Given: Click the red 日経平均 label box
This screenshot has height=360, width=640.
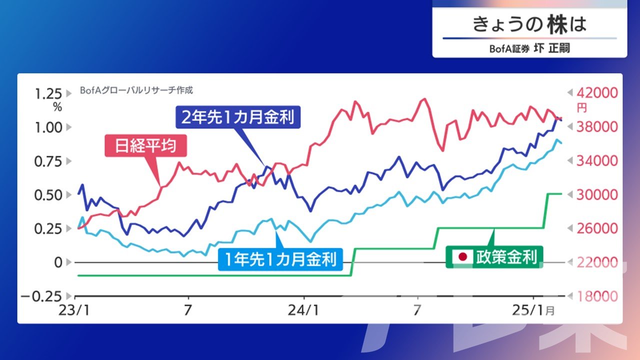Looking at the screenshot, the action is pos(145,145).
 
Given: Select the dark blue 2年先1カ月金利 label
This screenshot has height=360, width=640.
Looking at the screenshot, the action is pos(238,117).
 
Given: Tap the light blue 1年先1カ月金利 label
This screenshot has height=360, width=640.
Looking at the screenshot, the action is pos(280,259).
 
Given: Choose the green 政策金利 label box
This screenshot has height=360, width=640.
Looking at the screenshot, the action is pos(494,257).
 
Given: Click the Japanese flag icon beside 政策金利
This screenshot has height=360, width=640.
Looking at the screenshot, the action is pos(462,256).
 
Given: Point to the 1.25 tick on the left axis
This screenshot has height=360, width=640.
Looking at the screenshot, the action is pos(48,94).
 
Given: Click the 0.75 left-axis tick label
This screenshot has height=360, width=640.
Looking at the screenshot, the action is pos(48,161).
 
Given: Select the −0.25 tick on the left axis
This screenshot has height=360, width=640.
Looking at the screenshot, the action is pos(41,297).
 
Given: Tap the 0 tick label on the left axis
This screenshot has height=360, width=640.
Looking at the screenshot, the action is pos(58,262).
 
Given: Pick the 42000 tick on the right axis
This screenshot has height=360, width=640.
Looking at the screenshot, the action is pos(597,93).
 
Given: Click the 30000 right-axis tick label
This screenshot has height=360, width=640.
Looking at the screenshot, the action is pos(597,195).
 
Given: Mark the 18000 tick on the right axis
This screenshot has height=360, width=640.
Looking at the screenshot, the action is pos(597,296).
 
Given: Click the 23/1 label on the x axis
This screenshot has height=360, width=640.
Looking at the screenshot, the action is pos(74,310).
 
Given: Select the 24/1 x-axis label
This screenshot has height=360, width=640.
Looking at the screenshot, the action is pos(303,310).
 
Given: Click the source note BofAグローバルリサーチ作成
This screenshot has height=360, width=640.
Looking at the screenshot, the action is pos(136,90).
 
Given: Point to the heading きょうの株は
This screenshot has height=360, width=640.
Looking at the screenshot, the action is pos(529,24).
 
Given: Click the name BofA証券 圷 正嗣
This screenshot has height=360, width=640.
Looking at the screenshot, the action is pos(529,48).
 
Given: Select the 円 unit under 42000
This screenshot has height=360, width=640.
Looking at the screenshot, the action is pos(581,108).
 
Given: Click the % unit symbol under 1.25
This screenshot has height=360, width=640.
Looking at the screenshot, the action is pos(57,107).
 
